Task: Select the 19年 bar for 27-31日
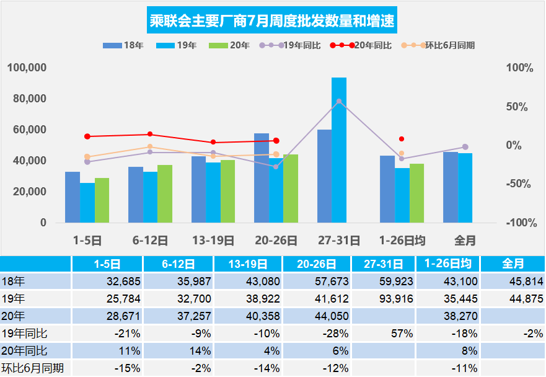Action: pyautogui.click(x=339, y=150)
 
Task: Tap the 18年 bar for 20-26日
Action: pyautogui.click(x=262, y=178)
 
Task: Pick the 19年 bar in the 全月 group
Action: pyautogui.click(x=465, y=188)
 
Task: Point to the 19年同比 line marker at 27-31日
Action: pyautogui.click(x=338, y=101)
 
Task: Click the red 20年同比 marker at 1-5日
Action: pyautogui.click(x=87, y=136)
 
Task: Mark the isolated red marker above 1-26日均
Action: pyautogui.click(x=402, y=139)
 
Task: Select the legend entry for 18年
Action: pyautogui.click(x=123, y=45)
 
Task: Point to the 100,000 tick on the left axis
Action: pyautogui.click(x=27, y=68)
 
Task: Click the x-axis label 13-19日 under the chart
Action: pyautogui.click(x=213, y=240)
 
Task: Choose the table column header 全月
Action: pyautogui.click(x=511, y=264)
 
